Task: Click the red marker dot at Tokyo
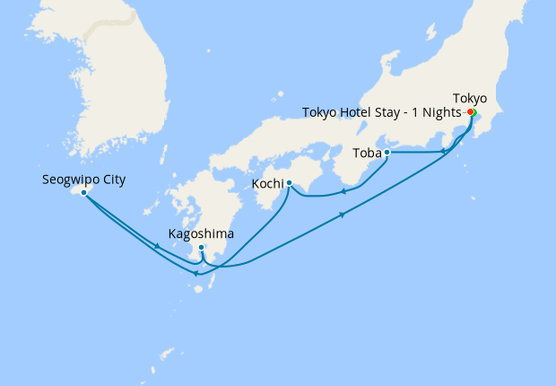click(471, 112)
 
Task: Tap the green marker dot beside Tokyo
click(474, 112)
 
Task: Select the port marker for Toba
click(387, 153)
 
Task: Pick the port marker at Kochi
click(289, 183)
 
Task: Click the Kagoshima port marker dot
click(202, 247)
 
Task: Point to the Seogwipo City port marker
click(83, 192)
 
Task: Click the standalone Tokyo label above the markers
click(470, 98)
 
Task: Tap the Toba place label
click(366, 153)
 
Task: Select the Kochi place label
click(270, 183)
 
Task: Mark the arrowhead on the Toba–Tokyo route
click(444, 153)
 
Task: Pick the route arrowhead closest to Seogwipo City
click(158, 245)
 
